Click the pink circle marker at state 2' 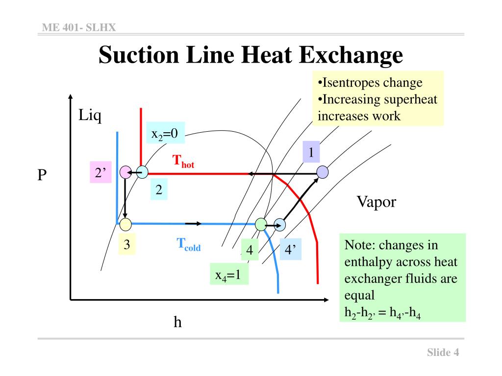coord(125,172)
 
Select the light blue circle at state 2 coord(142,172)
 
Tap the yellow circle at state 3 coord(125,225)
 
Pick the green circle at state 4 coord(261,225)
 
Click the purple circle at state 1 coord(322,172)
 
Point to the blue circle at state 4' coord(280,225)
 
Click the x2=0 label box coord(165,133)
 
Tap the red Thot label coord(183,162)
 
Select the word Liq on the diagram coord(90,116)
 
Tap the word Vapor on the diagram coord(376,201)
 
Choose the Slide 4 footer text coord(443,352)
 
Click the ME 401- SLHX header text coord(79,27)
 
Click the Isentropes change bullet coord(370,82)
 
